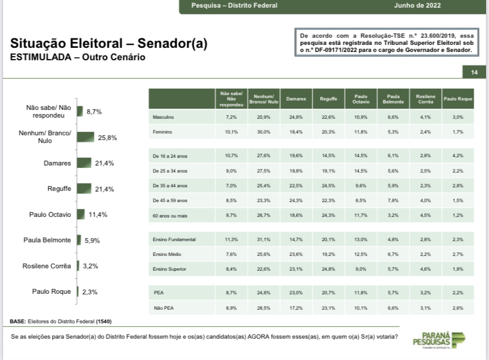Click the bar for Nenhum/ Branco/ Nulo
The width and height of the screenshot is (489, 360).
coord(85,137)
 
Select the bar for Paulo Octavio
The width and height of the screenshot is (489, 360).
coord(80,215)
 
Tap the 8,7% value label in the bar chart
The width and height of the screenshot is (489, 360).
coord(94,111)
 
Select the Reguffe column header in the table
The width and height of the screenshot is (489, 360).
coord(328,99)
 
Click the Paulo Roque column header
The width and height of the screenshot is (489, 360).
coord(458,99)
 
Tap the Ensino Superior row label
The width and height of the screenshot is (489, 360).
coord(169,270)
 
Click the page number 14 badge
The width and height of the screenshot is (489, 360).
coord(474,73)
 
